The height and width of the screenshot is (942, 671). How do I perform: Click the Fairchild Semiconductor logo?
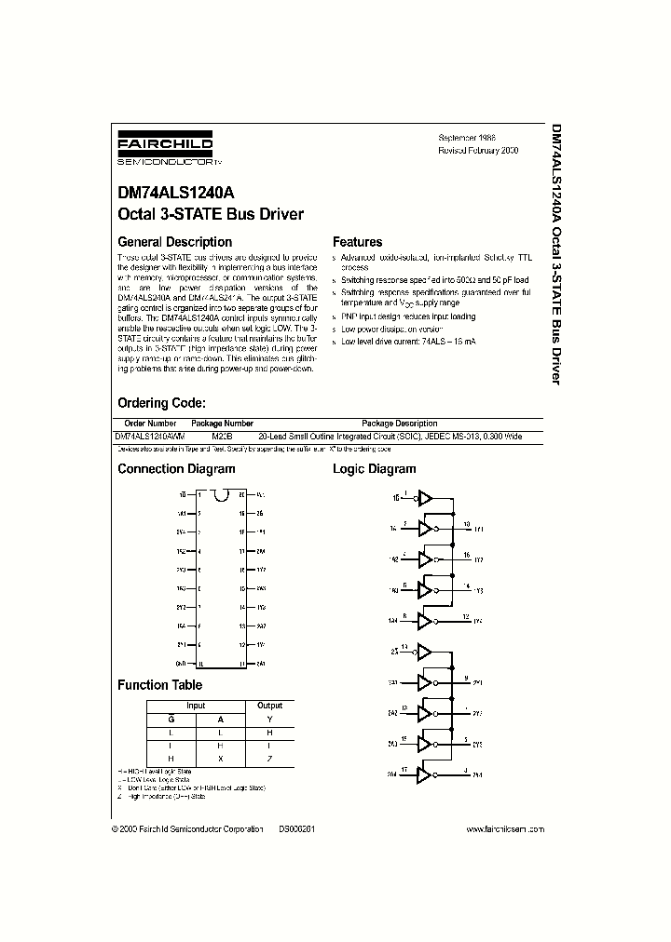[x=164, y=149]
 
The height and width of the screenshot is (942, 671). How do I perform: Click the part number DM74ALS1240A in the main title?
[x=169, y=195]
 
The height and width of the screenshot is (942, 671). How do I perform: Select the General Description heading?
[x=174, y=242]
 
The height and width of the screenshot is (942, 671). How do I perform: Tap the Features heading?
[x=357, y=242]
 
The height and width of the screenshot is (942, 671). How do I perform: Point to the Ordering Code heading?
[x=160, y=403]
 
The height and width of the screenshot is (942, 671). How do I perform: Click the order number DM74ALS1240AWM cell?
[x=149, y=436]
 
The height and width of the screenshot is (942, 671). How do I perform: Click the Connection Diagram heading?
[x=176, y=469]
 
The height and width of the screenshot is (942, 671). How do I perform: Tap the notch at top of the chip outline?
[x=220, y=495]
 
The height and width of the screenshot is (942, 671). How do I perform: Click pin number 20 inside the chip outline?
[x=241, y=495]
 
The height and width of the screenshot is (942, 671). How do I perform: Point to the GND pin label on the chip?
[x=181, y=664]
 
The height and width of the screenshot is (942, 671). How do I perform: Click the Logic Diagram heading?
[x=374, y=469]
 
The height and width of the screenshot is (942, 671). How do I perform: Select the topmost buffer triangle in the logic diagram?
[x=425, y=498]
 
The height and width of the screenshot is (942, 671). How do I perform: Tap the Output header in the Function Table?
[x=269, y=706]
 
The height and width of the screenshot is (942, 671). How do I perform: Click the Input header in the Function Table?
[x=195, y=706]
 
